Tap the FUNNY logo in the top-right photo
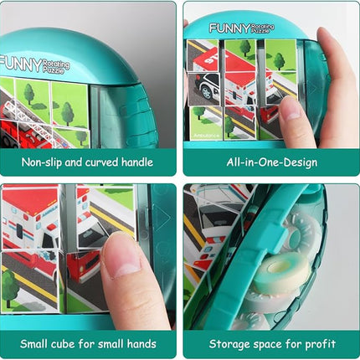(229, 28)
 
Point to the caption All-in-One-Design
(272, 162)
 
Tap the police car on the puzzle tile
(204, 86)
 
